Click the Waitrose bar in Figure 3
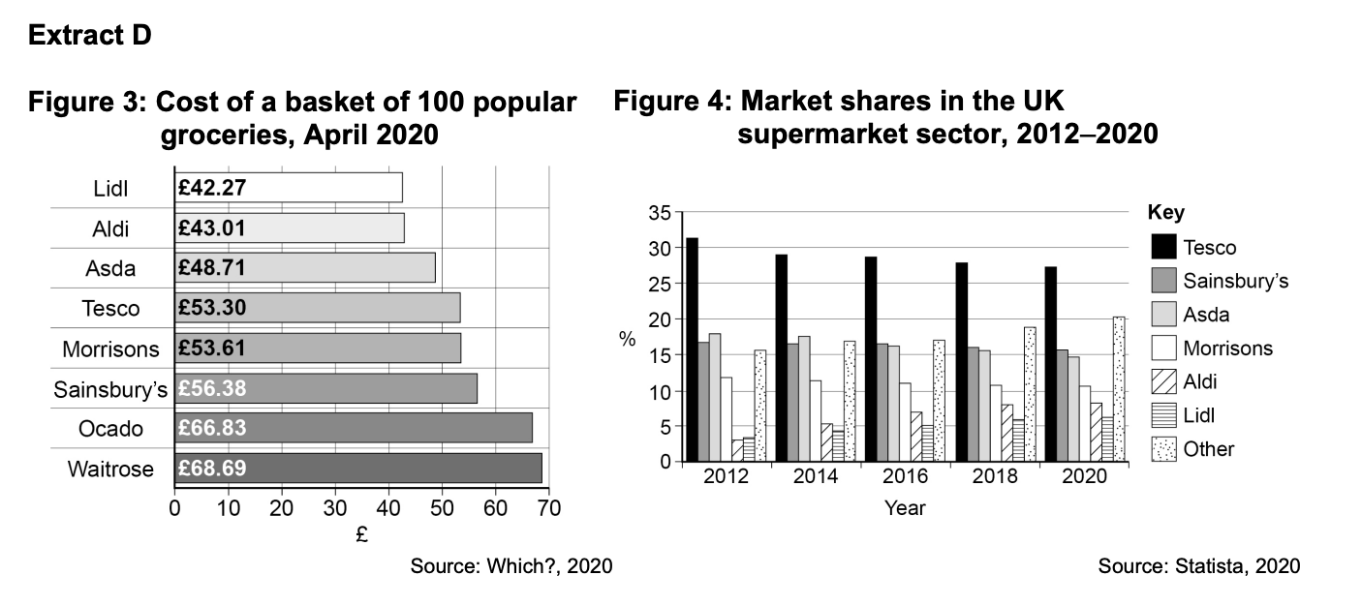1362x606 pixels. pos(357,469)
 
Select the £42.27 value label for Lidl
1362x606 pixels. pos(212,187)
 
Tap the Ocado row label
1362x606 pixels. pos(111,429)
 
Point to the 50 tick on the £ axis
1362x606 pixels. pos(442,507)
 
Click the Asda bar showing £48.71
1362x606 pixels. pos(305,267)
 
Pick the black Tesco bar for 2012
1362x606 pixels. pos(692,348)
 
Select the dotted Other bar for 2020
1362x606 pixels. pos(1119,388)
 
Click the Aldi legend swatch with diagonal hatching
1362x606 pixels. pos(1163,382)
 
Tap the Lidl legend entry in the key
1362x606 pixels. pos(1198,416)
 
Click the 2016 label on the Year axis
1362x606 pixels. pos(905,476)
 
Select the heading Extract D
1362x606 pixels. pos(89,36)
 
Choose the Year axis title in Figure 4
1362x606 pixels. pos(905,507)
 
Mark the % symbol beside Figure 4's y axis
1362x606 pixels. pos(628,339)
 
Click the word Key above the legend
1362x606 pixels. pos(1165,212)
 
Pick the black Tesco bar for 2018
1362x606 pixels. pos(961,361)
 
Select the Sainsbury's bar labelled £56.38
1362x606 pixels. pos(325,388)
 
